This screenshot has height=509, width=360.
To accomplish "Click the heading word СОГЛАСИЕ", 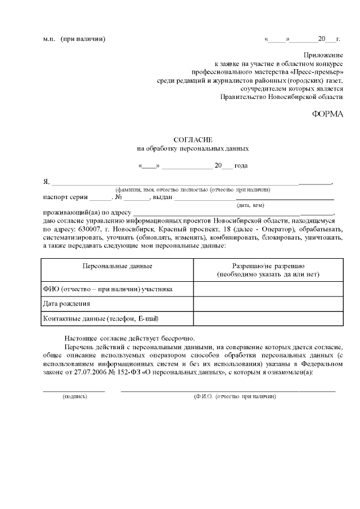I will click(193, 139).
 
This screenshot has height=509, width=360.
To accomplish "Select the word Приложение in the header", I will click(323, 55).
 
